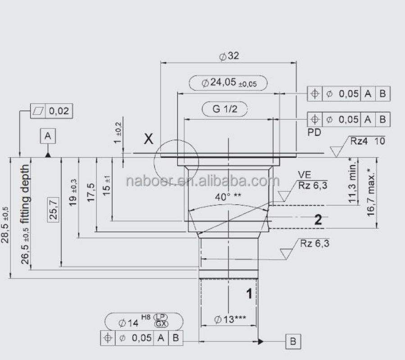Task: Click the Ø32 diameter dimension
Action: click(x=229, y=56)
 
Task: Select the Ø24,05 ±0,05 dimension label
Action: click(x=229, y=83)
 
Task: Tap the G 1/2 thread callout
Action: click(x=225, y=109)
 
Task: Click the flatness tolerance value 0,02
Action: click(x=59, y=111)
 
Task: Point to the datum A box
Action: click(x=48, y=136)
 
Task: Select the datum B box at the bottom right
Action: click(x=293, y=342)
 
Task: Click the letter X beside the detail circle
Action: click(x=149, y=139)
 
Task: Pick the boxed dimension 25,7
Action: click(x=53, y=209)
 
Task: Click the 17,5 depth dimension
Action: click(x=91, y=193)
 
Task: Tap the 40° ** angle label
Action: click(x=228, y=197)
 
